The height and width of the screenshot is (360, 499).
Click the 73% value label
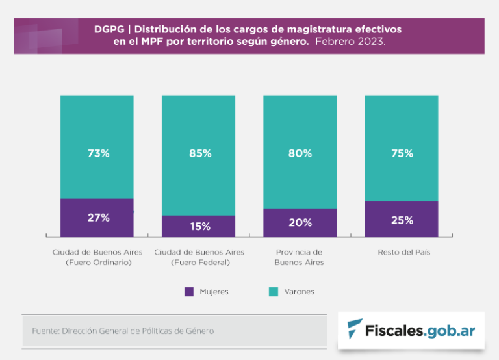pos(99,153)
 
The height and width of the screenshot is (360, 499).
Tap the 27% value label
pos(99,218)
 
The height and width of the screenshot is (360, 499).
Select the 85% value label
pos(200,153)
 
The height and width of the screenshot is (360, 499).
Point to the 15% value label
pos(200,226)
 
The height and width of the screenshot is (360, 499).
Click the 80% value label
pos(300,153)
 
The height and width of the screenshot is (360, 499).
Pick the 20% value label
pos(300,222)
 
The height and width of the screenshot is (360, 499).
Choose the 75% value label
pos(402,153)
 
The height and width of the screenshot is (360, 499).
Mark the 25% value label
pos(402,220)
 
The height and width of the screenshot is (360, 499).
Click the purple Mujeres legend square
pos(189,292)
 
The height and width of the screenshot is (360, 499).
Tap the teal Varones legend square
pos(274,292)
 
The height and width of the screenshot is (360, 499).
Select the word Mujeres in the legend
pos(214,292)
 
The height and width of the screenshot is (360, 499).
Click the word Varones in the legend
pos(299,292)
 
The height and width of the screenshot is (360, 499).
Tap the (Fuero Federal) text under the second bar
pos(200,263)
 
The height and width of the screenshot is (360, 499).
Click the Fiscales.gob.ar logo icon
pos(355,329)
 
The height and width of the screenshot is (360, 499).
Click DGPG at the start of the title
pos(108,30)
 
